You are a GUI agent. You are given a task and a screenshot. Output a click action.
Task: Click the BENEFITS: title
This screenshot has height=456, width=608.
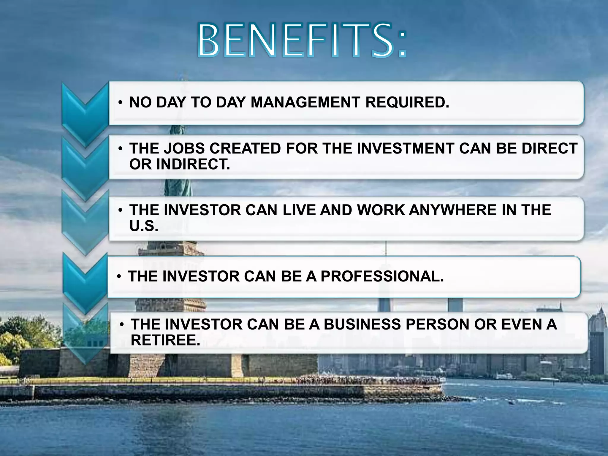click(x=301, y=41)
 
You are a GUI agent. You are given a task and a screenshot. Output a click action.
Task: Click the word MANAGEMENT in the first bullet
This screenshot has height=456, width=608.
click(x=305, y=102)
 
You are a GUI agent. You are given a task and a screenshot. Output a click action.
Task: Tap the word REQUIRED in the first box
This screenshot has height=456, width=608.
click(x=407, y=102)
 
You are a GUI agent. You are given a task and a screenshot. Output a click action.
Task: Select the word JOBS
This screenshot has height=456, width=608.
click(x=184, y=148)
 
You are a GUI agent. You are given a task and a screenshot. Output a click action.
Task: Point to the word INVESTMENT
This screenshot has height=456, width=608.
click(x=406, y=148)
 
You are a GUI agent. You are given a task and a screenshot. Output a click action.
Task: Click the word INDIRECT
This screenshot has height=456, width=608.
click(x=193, y=164)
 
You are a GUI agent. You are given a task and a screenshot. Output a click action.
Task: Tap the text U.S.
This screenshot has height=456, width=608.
click(x=144, y=226)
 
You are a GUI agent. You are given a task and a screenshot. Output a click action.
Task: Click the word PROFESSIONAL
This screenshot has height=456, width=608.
click(x=382, y=276)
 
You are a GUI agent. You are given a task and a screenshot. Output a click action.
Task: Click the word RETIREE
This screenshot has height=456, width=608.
click(x=165, y=340)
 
